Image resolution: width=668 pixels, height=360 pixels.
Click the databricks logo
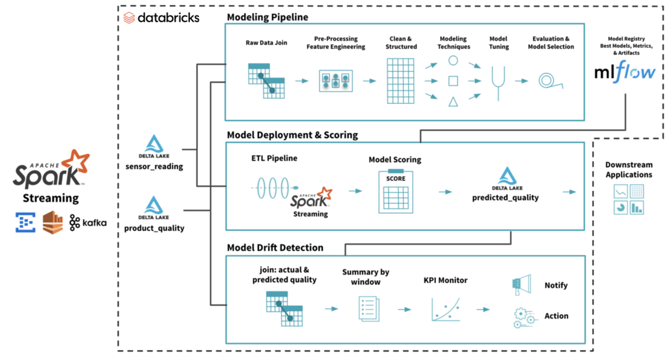(x=161, y=18)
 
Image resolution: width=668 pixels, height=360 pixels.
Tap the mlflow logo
(x=625, y=73)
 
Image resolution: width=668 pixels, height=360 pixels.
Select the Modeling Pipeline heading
(x=267, y=17)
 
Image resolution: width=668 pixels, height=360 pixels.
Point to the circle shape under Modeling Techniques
(x=453, y=60)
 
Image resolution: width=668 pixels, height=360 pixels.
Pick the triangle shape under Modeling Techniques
(x=453, y=102)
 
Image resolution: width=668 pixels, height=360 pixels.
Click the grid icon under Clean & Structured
(x=400, y=80)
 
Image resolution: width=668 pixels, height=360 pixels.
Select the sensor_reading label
(x=154, y=166)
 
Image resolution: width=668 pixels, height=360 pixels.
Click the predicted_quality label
(x=505, y=198)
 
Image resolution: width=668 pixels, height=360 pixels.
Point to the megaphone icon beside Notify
(x=520, y=285)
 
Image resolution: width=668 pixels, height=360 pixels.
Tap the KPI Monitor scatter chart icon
(x=445, y=309)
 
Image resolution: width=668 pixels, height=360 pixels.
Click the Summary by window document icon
(x=366, y=309)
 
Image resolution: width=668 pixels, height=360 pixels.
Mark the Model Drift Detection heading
(x=275, y=247)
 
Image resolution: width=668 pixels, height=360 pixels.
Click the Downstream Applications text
(x=629, y=170)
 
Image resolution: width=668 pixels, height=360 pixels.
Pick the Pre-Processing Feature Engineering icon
(x=335, y=80)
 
